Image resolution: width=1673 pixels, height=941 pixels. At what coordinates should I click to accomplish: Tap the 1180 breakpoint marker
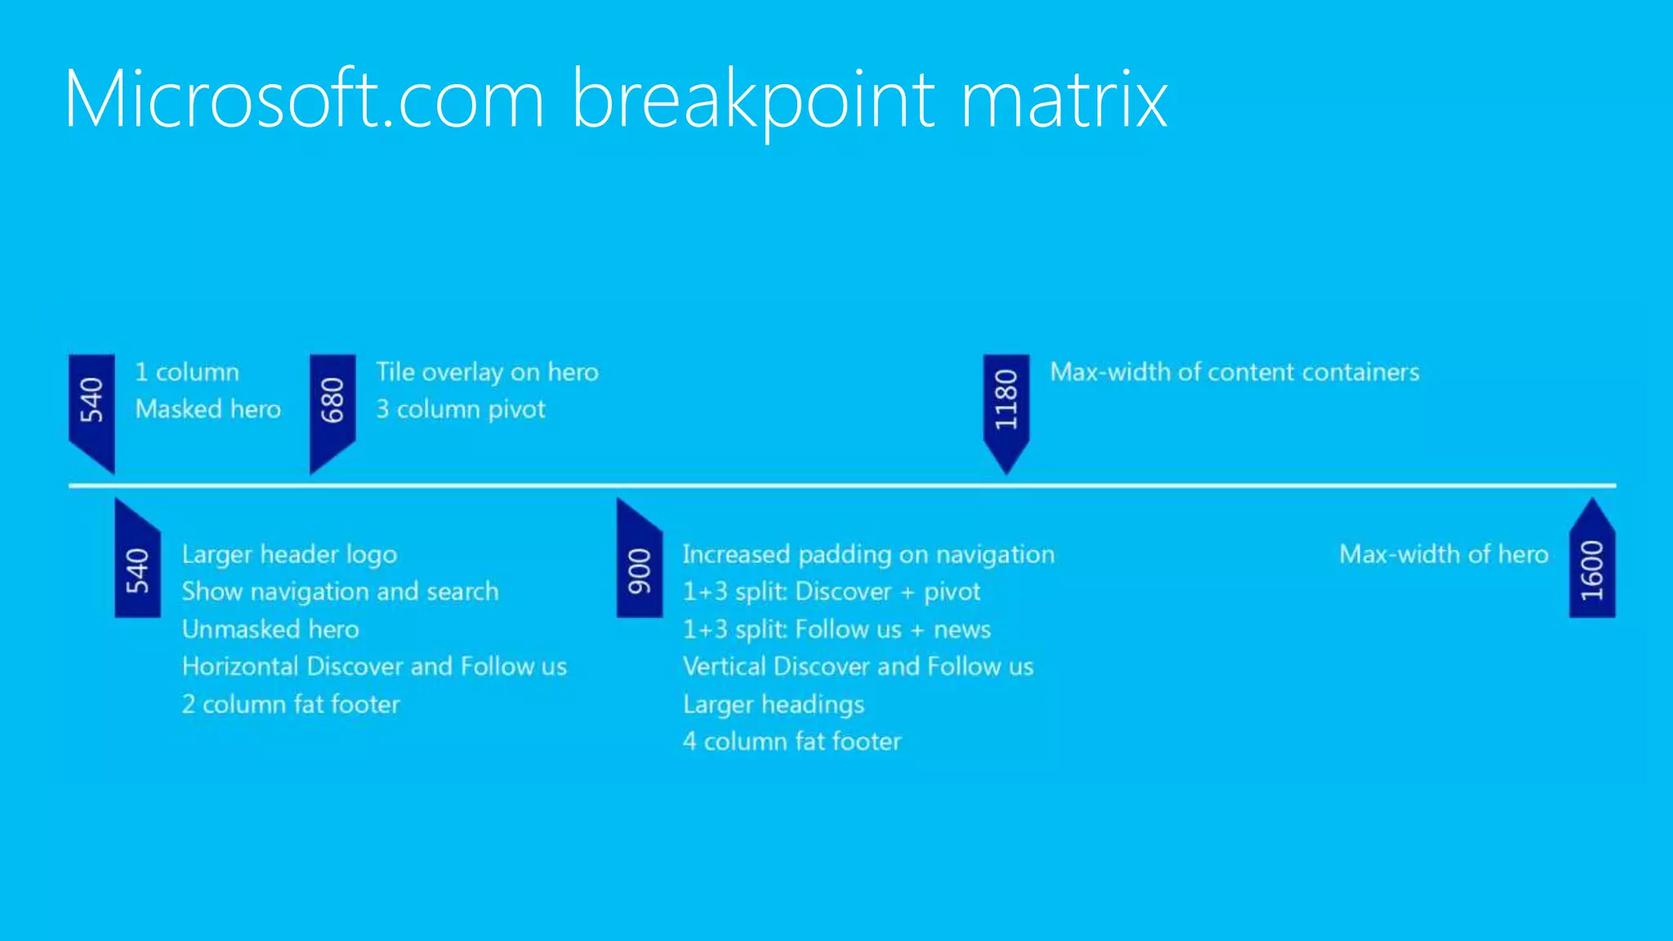point(1006,403)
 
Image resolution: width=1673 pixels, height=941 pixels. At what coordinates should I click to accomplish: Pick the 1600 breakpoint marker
point(1591,569)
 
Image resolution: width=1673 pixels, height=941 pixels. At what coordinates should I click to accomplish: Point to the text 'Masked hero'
point(207,408)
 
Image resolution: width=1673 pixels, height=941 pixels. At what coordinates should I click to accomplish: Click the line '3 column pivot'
point(460,408)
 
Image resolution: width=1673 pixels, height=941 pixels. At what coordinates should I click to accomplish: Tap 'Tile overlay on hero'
point(487,372)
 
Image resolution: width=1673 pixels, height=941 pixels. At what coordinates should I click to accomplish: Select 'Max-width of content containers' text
point(1234,372)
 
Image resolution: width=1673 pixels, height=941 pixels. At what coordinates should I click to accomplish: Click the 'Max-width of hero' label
point(1443,554)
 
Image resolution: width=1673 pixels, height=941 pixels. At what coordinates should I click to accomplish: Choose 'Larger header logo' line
point(289,554)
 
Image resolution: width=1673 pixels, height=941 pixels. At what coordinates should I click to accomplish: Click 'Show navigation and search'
point(340,591)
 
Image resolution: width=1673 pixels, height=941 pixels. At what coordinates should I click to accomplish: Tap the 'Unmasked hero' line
point(270,628)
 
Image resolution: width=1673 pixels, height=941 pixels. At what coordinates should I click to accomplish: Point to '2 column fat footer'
point(291,703)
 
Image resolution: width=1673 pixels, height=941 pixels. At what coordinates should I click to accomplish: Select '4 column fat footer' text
point(792,741)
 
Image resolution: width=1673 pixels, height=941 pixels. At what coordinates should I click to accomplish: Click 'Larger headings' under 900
point(773,703)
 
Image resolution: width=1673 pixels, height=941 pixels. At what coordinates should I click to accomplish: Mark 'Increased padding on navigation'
point(868,554)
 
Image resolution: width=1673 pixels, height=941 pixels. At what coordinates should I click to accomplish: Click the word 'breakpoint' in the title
point(752,100)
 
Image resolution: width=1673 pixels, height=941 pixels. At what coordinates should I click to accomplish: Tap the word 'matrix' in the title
point(1064,100)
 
